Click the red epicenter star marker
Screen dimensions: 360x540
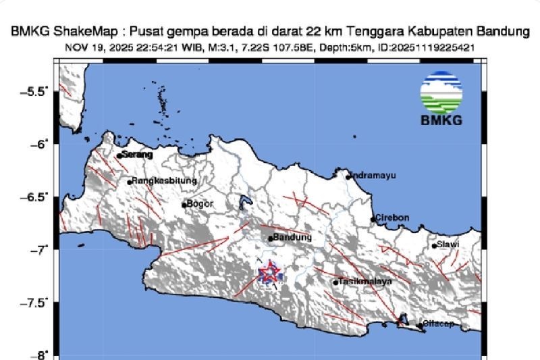point(269,272)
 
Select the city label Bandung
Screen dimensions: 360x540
point(293,238)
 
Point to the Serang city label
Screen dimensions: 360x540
point(137,155)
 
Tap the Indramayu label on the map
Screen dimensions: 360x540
point(373,176)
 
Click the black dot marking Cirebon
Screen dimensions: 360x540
point(373,219)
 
